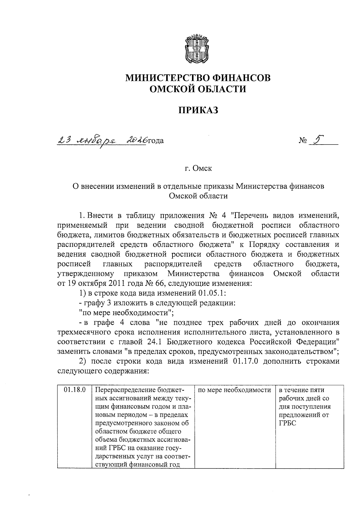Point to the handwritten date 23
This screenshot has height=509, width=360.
coord(64,139)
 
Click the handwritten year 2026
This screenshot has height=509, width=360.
coord(136,139)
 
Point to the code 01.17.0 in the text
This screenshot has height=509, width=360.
coord(245,361)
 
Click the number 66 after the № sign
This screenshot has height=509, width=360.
coord(157,283)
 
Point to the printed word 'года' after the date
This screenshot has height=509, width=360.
coord(155,140)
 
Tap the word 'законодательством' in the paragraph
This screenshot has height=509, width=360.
coord(302,351)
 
